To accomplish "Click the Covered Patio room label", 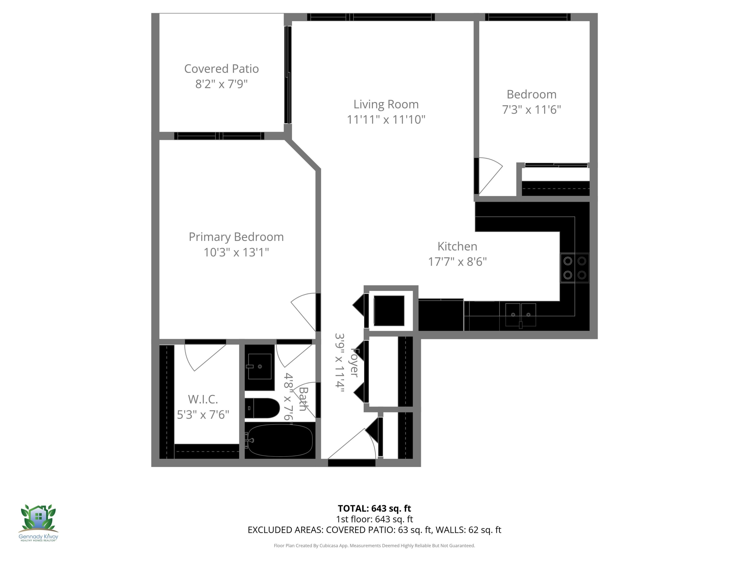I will point(221,69).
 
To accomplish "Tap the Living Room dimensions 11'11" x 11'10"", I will point(386,119).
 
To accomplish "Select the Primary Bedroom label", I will point(236,237).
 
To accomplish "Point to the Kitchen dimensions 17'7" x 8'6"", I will point(457,261).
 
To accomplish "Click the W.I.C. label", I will point(203,399).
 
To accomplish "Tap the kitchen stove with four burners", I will point(575,268).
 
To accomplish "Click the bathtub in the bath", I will point(280,440).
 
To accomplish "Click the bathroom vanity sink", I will point(259,367).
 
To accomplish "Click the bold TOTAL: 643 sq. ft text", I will point(374,508).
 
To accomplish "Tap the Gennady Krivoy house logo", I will point(38,518).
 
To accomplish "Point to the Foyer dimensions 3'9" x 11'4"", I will point(339,363).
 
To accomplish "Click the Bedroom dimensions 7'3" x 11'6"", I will point(531,109).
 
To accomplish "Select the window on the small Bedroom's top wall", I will point(528,17).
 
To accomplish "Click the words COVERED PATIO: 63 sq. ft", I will point(378,530).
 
